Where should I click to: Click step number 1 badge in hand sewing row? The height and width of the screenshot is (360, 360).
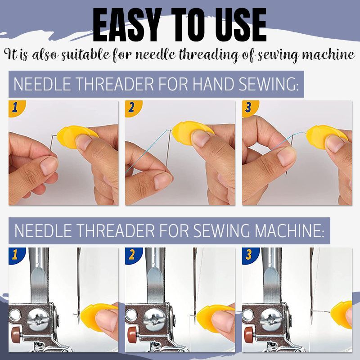pyautogui.click(x=15, y=108)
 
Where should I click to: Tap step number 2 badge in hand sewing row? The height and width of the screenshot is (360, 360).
pyautogui.click(x=132, y=108)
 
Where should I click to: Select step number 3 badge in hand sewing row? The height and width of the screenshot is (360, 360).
pyautogui.click(x=249, y=108)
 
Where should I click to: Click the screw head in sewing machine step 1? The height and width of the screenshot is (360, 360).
pyautogui.click(x=38, y=320)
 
